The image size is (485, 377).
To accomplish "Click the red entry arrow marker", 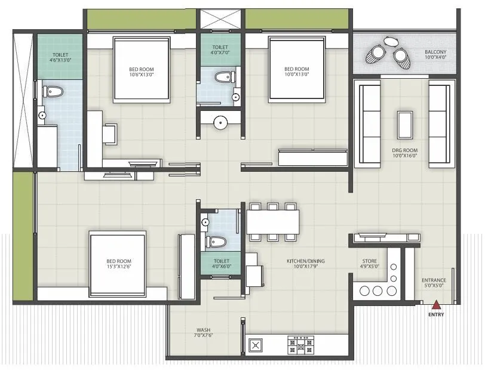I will tap(437, 305).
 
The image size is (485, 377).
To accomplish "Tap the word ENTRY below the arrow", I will tap(437, 315).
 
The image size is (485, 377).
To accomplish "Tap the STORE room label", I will tap(369, 261).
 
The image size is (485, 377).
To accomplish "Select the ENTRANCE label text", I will tap(434, 280).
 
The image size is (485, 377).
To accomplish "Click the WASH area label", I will tap(203, 329).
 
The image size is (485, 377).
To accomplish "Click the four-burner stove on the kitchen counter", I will tap(301, 345).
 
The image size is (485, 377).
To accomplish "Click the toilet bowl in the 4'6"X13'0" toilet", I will tap(52, 91).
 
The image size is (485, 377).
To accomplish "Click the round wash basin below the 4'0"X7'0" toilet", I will tap(221, 123).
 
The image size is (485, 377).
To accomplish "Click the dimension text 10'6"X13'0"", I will tap(141, 75).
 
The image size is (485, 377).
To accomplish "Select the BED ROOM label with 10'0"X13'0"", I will tap(296, 69).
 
